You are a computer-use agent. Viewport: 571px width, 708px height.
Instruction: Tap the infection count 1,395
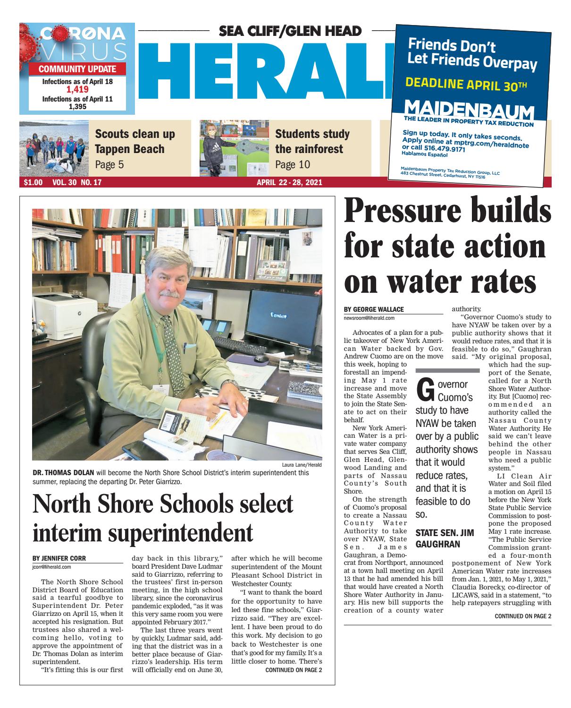[x=77, y=107]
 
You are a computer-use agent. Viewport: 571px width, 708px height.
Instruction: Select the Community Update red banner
[x=77, y=69]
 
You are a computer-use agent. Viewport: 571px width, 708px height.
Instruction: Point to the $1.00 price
[x=30, y=182]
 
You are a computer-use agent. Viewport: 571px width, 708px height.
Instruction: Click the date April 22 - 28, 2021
[x=289, y=182]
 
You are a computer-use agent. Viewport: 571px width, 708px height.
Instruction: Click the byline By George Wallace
[x=374, y=309]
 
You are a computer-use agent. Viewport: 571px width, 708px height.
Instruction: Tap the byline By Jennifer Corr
[x=59, y=558]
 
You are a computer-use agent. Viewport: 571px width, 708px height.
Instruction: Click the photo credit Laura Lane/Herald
[x=304, y=465]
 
